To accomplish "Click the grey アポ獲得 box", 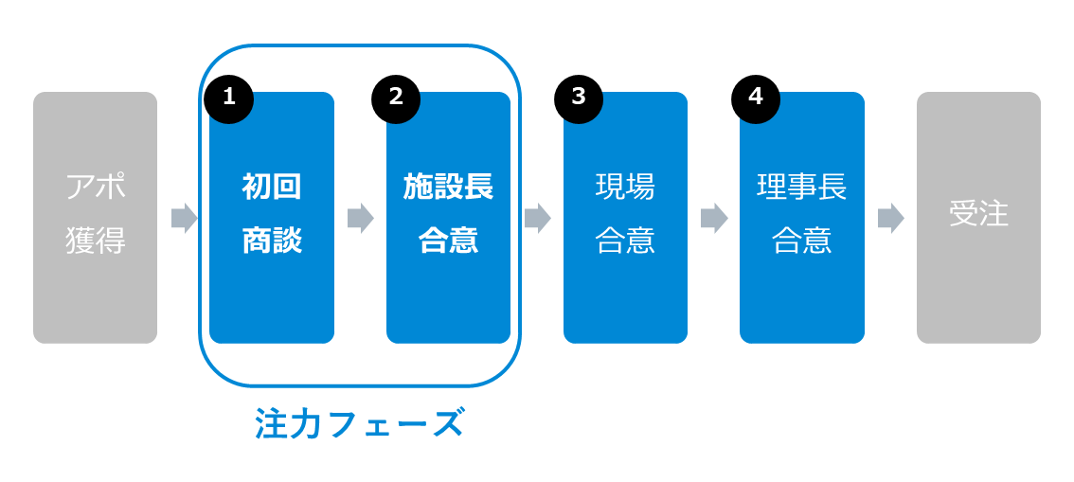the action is (x=96, y=218).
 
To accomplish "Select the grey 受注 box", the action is (x=978, y=218).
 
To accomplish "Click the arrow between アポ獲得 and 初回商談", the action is (x=185, y=219).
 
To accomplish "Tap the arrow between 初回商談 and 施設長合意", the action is (x=361, y=219).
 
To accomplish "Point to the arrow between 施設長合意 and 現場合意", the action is (x=538, y=219).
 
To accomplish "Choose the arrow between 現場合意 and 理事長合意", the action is (x=714, y=219).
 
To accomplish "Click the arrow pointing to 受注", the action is (x=891, y=219).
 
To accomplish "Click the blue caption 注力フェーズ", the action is (x=360, y=422).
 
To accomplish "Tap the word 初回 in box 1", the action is (x=272, y=187).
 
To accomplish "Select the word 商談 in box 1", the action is (x=272, y=241).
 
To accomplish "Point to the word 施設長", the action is (x=449, y=187).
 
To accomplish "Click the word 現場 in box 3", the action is (x=625, y=187).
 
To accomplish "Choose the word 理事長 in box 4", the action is (x=802, y=187).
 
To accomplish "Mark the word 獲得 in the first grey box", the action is (x=96, y=241).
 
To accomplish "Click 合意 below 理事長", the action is (x=802, y=241).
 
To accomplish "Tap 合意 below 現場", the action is (x=625, y=241).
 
